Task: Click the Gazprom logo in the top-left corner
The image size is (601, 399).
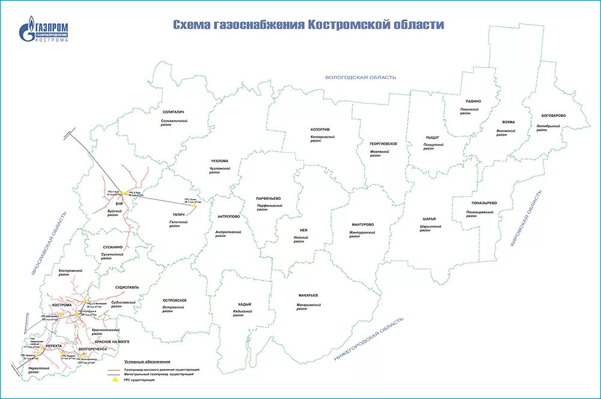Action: pos(45,31)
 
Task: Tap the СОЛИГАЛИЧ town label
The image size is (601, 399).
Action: pos(174,112)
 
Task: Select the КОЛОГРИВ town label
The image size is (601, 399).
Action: pos(320,130)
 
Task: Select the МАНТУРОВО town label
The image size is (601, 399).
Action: pos(363,225)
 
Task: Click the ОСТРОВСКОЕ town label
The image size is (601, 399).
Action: pos(175,300)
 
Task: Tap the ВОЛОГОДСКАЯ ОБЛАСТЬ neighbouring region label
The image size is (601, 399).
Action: pos(361,77)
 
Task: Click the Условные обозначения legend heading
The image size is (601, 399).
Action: pos(147,362)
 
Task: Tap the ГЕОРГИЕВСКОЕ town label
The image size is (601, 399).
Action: pos(384,144)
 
